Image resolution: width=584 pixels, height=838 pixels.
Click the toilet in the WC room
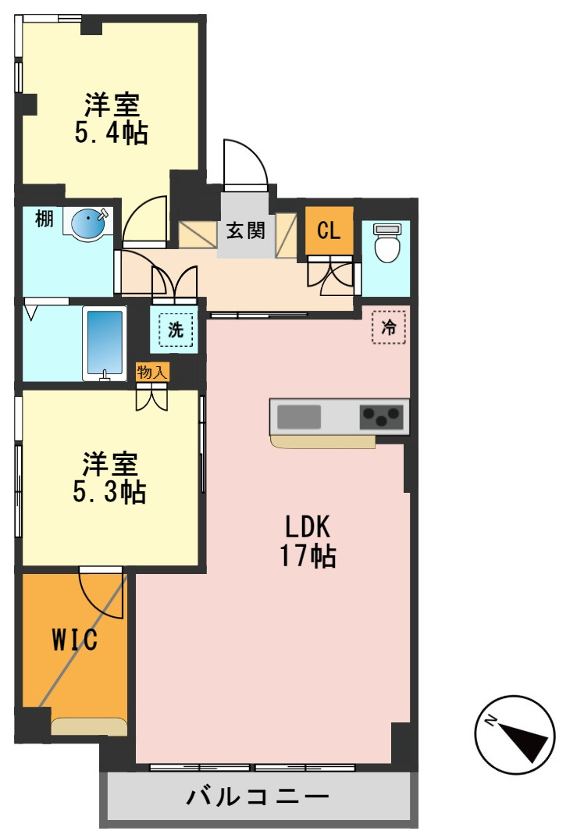(386, 243)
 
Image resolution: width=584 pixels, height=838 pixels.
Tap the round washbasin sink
(89, 221)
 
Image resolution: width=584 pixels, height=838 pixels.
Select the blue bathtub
(105, 344)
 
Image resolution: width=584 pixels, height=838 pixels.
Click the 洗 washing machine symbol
(175, 330)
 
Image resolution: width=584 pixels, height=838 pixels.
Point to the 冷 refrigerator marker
(389, 326)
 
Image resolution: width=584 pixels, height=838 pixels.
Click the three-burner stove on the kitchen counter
(381, 417)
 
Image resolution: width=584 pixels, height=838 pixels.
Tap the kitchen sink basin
(299, 417)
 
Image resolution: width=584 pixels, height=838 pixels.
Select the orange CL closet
(329, 230)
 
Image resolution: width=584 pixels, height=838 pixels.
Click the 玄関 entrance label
(246, 231)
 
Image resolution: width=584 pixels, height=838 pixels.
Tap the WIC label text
(75, 639)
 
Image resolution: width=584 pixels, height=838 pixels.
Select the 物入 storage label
(153, 372)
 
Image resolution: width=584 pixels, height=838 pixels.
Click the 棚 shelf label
(45, 219)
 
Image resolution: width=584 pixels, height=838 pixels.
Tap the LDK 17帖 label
(308, 541)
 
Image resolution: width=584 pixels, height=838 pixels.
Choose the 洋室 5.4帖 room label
(112, 119)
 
